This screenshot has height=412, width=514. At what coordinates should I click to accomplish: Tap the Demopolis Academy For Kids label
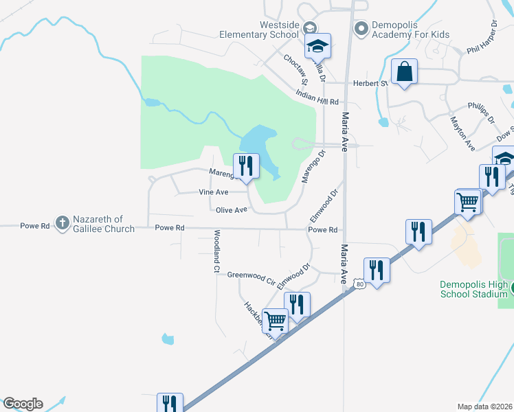point(410,29)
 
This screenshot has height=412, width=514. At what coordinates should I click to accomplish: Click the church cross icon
point(62,222)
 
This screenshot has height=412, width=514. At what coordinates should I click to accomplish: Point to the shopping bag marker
point(404,72)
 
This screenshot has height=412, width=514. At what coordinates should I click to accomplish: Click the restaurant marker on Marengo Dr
point(245,166)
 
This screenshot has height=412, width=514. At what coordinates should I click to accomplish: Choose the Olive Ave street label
point(231,210)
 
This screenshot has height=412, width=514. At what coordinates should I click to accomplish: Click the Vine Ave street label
point(213,193)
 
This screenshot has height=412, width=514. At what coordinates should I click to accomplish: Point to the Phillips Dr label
point(481,112)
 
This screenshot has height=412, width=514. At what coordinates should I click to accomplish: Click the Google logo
point(23,404)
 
